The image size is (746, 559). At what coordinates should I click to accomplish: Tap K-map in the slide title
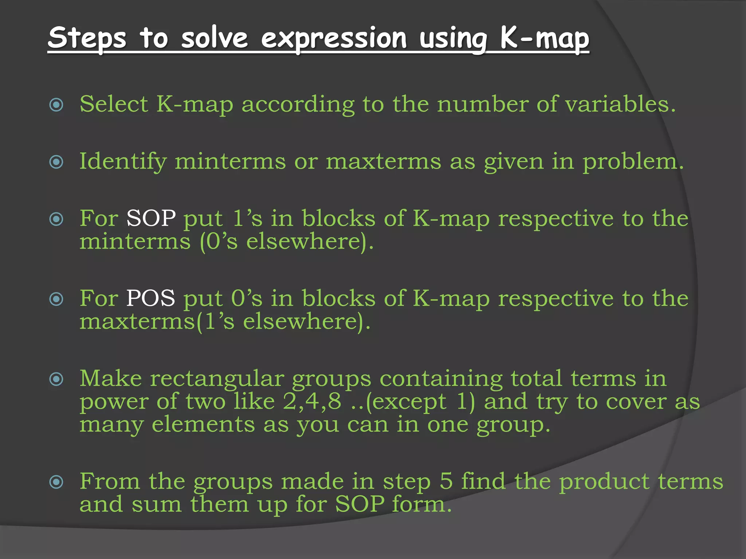click(x=544, y=38)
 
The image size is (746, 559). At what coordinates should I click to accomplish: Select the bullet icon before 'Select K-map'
click(x=56, y=105)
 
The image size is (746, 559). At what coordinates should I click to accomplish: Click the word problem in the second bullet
click(x=633, y=162)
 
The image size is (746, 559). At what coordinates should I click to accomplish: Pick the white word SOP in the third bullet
click(x=151, y=219)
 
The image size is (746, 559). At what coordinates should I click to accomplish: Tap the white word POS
click(x=150, y=298)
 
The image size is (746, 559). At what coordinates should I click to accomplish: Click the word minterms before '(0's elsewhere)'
click(x=135, y=242)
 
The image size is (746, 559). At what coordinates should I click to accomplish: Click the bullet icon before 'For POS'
click(x=56, y=299)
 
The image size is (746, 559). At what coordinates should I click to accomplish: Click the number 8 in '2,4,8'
click(x=334, y=401)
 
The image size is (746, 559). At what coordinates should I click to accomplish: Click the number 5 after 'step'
click(x=446, y=481)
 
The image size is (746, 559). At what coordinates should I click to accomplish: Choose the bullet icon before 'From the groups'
click(x=56, y=482)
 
